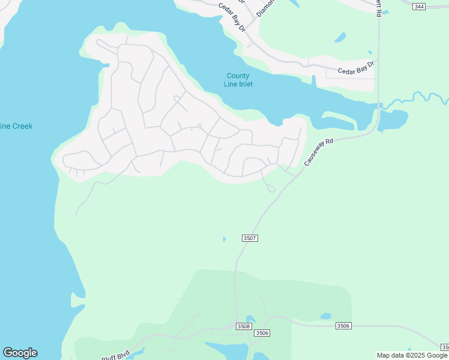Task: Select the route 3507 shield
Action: [x=250, y=238]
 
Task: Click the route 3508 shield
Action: [x=243, y=326]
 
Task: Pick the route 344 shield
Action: [x=419, y=6]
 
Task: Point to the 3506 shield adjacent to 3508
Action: [x=262, y=333]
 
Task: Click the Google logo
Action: [x=20, y=353]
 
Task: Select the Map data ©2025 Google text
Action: [x=412, y=355]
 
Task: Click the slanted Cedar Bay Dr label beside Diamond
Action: [x=232, y=16]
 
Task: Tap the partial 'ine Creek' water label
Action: [x=16, y=126]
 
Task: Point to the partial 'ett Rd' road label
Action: [x=379, y=8]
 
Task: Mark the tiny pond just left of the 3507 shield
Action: [x=224, y=239]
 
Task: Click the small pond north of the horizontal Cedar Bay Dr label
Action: [x=340, y=37]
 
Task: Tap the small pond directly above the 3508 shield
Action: [x=250, y=318]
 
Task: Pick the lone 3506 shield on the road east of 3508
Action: [x=343, y=326]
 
